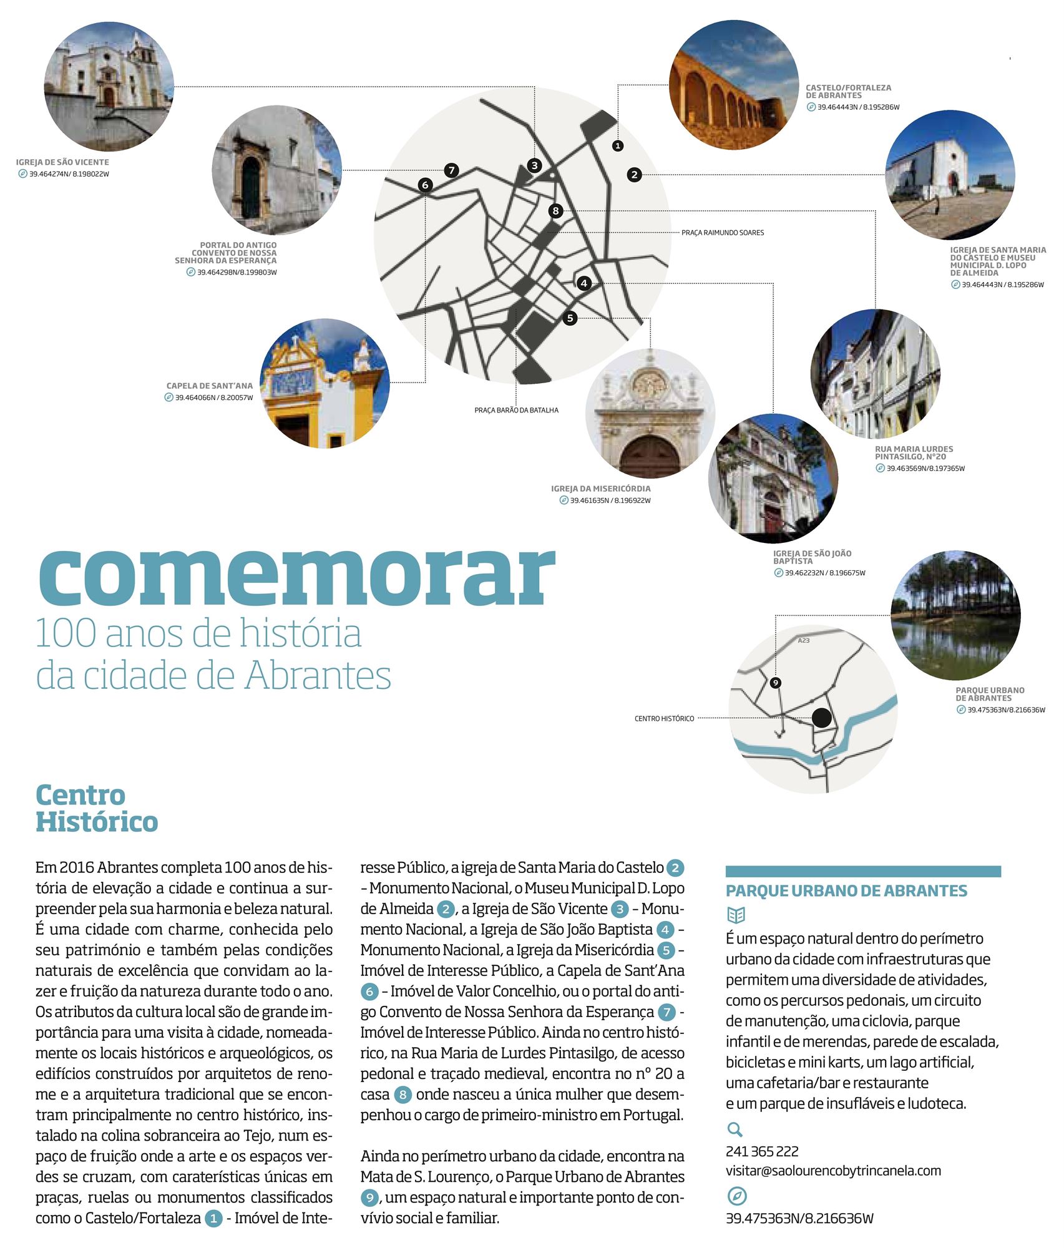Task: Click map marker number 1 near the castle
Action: pyautogui.click(x=617, y=145)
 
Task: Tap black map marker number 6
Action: pyautogui.click(x=425, y=185)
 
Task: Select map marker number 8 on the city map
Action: pyautogui.click(x=555, y=211)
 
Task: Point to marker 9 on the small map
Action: pyautogui.click(x=775, y=683)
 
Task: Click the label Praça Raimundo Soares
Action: pyautogui.click(x=722, y=233)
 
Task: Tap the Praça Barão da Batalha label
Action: pyautogui.click(x=516, y=411)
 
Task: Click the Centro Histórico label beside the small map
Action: pyautogui.click(x=664, y=719)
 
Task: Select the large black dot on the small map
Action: pyautogui.click(x=822, y=718)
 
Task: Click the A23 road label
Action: pyautogui.click(x=804, y=641)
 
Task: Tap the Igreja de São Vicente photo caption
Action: pyautogui.click(x=62, y=162)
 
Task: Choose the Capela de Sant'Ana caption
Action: pyautogui.click(x=209, y=386)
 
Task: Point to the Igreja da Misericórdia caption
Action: pyautogui.click(x=600, y=489)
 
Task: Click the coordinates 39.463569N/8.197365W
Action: pyautogui.click(x=925, y=469)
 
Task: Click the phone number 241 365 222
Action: pyautogui.click(x=762, y=1151)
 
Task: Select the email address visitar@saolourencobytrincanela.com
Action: pyautogui.click(x=833, y=1171)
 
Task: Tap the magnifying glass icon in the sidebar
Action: pyautogui.click(x=735, y=1129)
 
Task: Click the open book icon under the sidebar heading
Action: pyautogui.click(x=736, y=915)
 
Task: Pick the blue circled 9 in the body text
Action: pyautogui.click(x=369, y=1197)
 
